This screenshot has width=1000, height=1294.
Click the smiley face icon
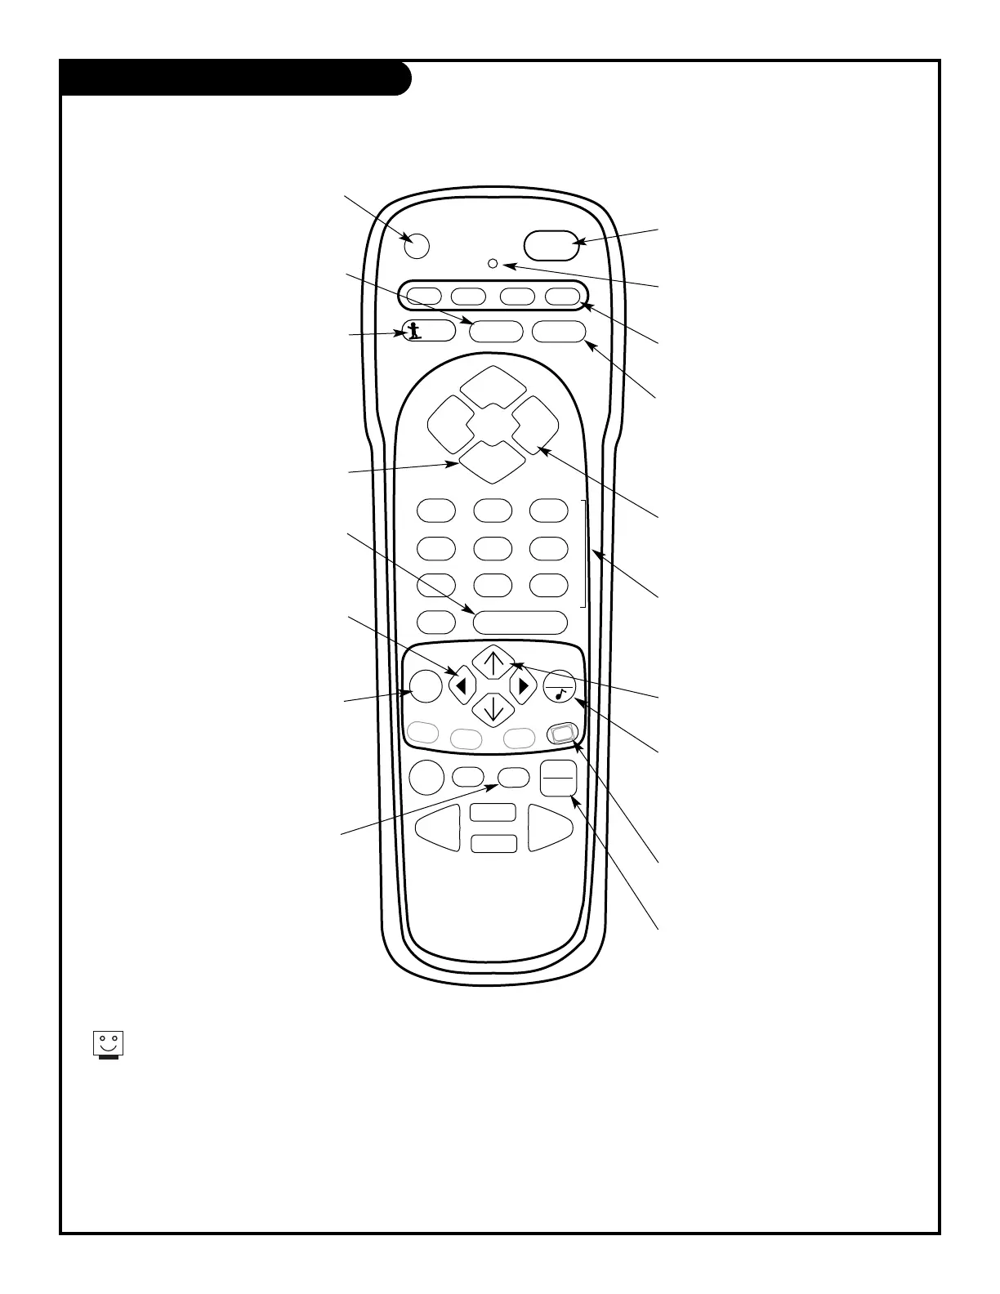click(x=106, y=1045)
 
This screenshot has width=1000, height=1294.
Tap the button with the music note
click(x=560, y=686)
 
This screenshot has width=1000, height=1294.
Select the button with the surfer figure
click(x=427, y=331)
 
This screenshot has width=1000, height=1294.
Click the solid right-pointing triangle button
click(x=523, y=686)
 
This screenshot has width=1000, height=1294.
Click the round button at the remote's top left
click(x=416, y=245)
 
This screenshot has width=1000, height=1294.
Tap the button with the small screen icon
click(x=563, y=734)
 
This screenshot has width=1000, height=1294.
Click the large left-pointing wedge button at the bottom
click(x=439, y=828)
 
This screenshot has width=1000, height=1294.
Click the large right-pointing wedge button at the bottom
click(x=550, y=828)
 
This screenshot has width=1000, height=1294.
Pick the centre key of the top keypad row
click(x=493, y=511)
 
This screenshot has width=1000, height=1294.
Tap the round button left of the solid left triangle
click(x=423, y=686)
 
